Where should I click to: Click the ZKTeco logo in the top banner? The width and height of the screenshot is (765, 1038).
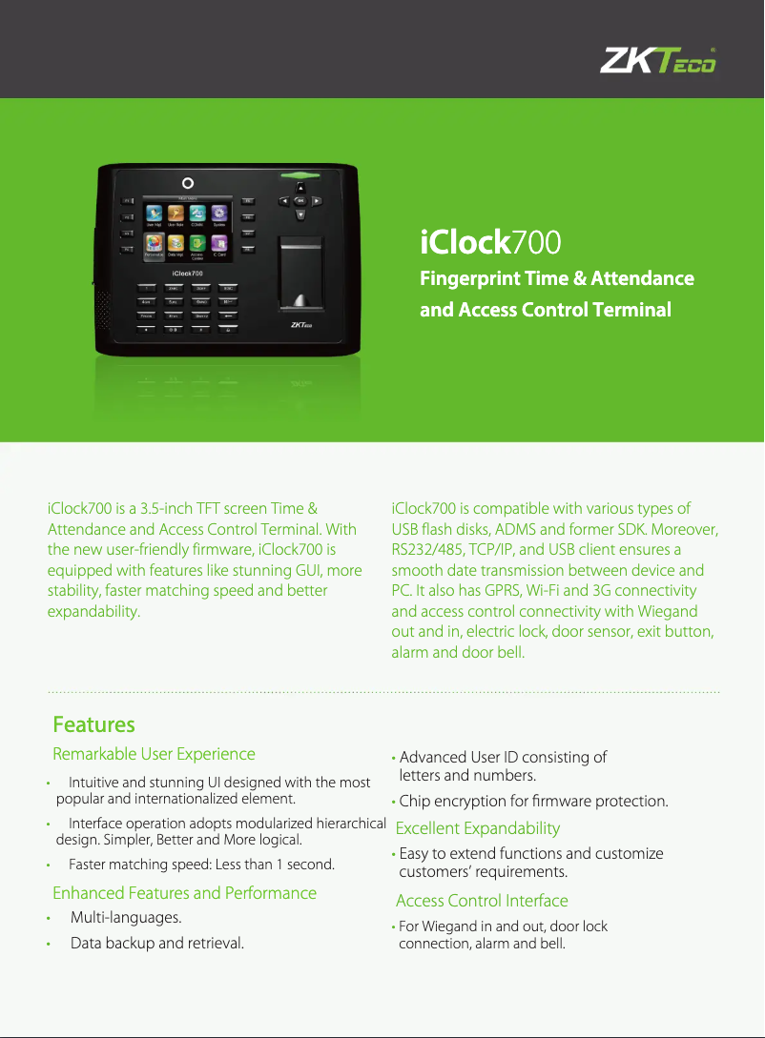657,62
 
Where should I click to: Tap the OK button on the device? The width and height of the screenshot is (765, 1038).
300,201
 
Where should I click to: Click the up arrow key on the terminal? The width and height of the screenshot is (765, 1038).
300,187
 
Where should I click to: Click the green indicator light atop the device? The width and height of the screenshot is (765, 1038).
300,174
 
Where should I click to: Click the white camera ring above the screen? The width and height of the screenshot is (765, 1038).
188,183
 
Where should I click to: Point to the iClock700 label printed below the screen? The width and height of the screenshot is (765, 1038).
187,274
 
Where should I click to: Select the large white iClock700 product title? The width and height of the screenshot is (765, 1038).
490,243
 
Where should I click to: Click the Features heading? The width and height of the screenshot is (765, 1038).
93,724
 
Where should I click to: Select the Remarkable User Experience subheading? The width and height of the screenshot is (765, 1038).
154,754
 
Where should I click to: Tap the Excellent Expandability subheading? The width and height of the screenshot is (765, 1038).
477,828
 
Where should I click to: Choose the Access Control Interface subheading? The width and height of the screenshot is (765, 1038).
481,901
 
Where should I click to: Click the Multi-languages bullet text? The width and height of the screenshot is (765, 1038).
126,918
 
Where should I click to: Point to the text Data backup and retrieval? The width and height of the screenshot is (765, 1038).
156,944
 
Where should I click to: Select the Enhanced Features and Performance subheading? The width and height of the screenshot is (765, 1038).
184,893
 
